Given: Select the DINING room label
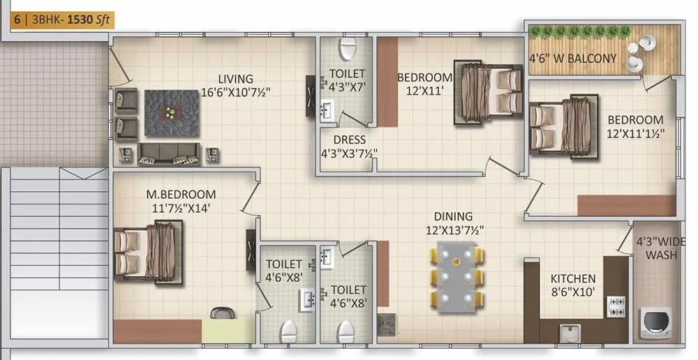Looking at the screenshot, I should click(452, 216).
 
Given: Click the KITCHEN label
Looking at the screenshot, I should click(572, 278).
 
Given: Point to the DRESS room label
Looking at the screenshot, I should click(350, 140).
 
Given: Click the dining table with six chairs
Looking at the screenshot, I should click(456, 278).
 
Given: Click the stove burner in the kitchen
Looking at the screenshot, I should click(617, 304).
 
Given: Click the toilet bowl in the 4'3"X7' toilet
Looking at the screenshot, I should click(347, 48).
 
